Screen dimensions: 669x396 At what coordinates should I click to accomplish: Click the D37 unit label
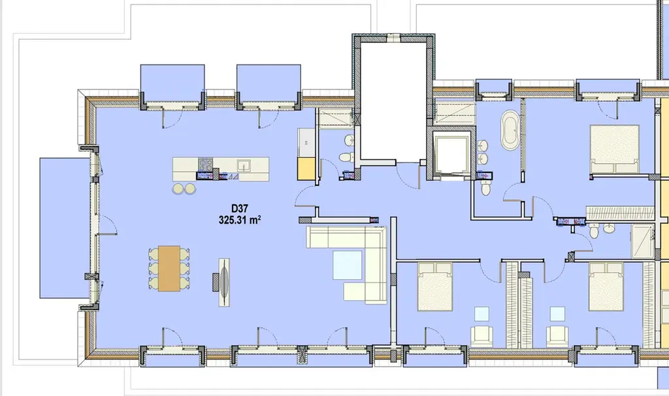pyautogui.click(x=240, y=209)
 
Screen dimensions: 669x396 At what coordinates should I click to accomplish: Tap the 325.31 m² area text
pyautogui.click(x=240, y=220)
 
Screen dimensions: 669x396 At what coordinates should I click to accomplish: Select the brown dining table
pyautogui.click(x=169, y=269)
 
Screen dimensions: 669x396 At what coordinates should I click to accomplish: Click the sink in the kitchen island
pyautogui.click(x=244, y=165)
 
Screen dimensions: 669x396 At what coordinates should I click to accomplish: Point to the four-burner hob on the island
pyautogui.click(x=206, y=164)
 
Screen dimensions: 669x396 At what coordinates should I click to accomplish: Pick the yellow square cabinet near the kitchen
pyautogui.click(x=306, y=169)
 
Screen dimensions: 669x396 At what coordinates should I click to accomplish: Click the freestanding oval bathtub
pyautogui.click(x=510, y=130)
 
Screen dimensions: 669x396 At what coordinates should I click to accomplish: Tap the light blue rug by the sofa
pyautogui.click(x=348, y=265)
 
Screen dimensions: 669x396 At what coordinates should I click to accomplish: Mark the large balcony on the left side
pyautogui.click(x=65, y=228)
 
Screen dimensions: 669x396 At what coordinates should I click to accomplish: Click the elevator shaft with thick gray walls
pyautogui.click(x=451, y=154)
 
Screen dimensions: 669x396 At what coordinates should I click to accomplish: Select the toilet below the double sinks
pyautogui.click(x=486, y=187)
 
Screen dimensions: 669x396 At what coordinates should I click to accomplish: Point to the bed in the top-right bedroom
pyautogui.click(x=614, y=149)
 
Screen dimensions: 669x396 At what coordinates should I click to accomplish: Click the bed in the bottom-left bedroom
pyautogui.click(x=434, y=286)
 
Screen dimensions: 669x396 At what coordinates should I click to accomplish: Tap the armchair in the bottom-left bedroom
pyautogui.click(x=481, y=337)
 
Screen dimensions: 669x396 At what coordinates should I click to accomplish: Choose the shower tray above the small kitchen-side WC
pyautogui.click(x=335, y=118)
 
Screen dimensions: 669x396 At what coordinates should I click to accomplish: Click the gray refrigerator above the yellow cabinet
pyautogui.click(x=306, y=142)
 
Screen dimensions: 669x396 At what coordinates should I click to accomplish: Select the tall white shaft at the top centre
pyautogui.click(x=393, y=99)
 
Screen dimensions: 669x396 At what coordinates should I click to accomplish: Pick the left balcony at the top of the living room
pyautogui.click(x=172, y=83)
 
